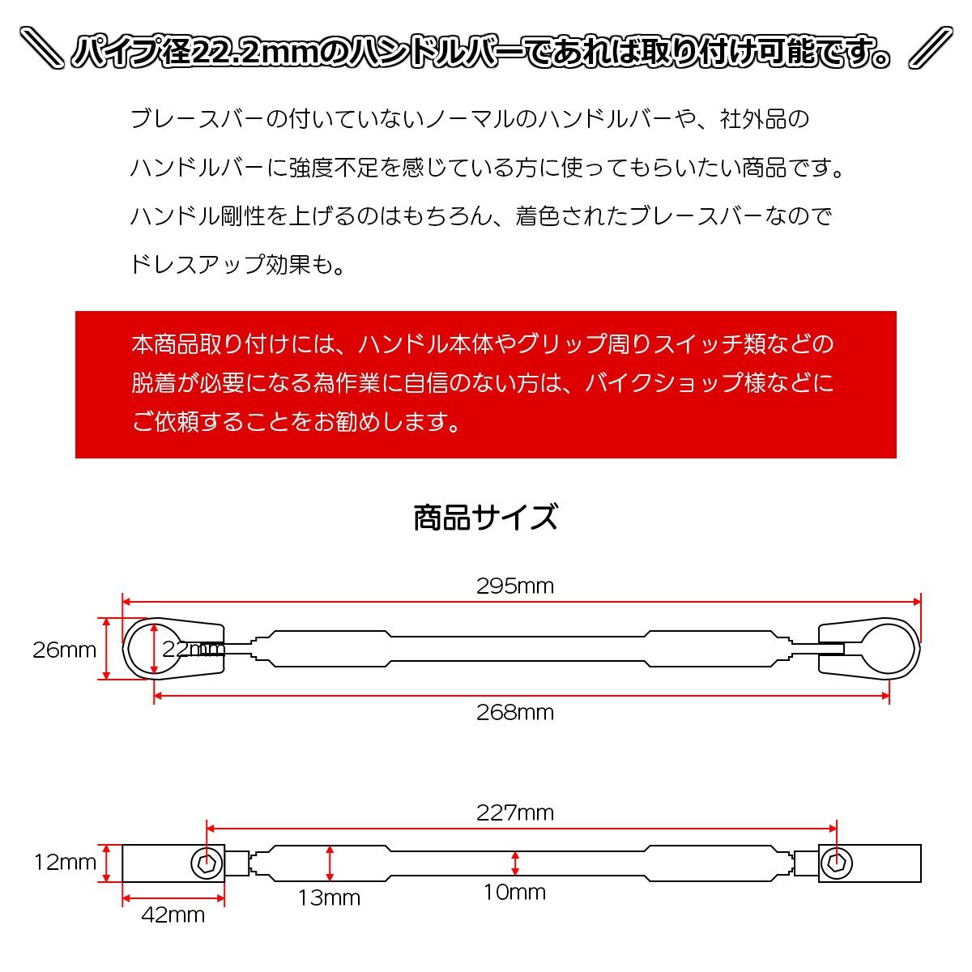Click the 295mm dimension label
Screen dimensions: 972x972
[514, 586]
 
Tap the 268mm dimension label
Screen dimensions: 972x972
[514, 712]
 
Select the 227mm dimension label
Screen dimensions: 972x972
[514, 812]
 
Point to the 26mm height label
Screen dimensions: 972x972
[64, 650]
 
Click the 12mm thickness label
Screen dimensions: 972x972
[65, 863]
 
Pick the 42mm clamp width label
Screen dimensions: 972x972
[173, 915]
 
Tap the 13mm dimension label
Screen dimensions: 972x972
[329, 897]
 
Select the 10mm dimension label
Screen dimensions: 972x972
[514, 893]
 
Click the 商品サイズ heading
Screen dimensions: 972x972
[485, 517]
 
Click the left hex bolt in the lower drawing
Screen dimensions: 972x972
[207, 863]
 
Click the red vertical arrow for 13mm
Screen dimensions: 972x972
[329, 863]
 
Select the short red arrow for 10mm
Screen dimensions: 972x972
[515, 863]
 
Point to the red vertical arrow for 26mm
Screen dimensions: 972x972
[108, 648]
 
